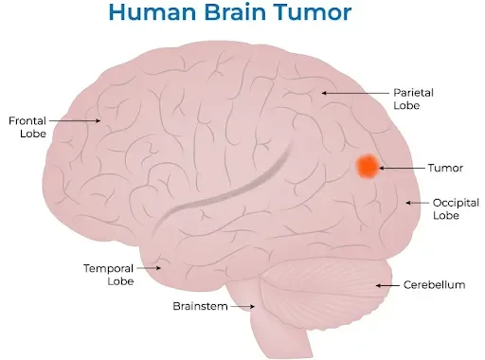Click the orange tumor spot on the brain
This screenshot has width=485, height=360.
[367, 167]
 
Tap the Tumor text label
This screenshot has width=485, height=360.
[445, 168]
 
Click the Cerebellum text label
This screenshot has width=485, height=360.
[434, 284]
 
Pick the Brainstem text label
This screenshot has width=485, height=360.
[199, 306]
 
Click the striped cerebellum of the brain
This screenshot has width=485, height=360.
[327, 285]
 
